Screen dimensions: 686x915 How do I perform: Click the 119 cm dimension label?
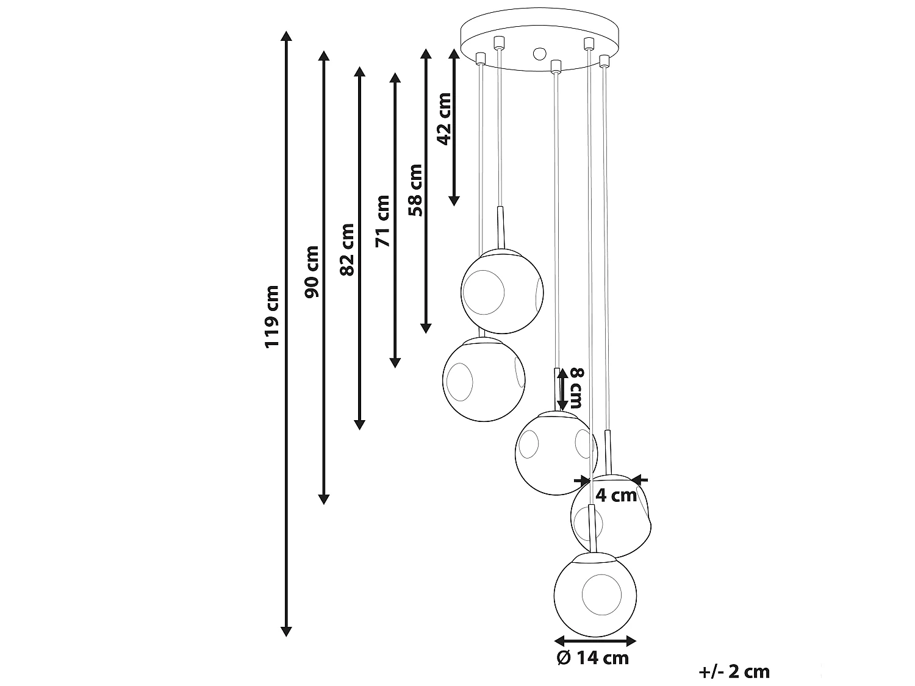coord(271,316)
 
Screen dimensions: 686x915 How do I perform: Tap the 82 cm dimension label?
coord(346,249)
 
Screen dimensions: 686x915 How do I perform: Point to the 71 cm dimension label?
coord(382,221)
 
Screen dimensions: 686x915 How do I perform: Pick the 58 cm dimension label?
coord(415,190)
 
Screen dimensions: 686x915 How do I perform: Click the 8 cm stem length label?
coord(576,388)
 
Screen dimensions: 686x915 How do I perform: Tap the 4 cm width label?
coord(615,496)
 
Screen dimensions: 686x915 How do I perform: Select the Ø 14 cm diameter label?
coord(592,658)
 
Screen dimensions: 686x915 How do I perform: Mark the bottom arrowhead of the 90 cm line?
coord(324,499)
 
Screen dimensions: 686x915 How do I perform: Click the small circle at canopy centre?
coord(539,53)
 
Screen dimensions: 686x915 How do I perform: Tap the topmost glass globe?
coord(501,291)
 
